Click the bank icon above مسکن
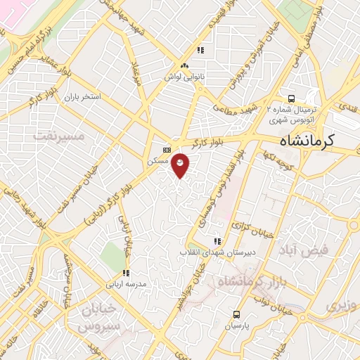167,149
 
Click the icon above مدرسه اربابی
126,273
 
